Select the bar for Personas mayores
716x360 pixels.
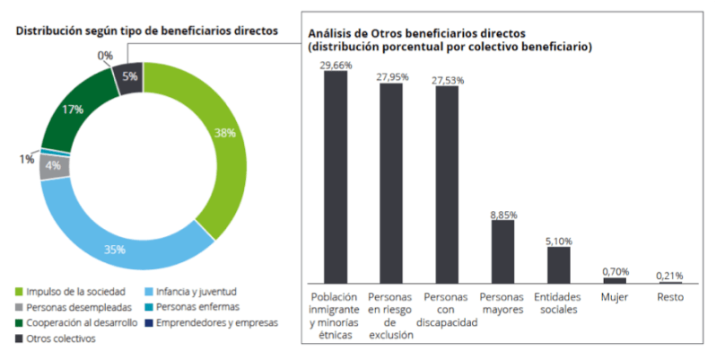(502, 251)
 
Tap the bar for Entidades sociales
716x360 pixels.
(558, 265)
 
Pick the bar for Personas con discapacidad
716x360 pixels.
(447, 184)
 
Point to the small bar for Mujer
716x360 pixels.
(615, 280)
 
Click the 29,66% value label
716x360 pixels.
(336, 65)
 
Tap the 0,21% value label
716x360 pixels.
(670, 274)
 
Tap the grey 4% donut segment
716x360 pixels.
(51, 167)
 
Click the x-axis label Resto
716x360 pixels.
(670, 297)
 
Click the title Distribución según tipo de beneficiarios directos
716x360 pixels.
(146, 31)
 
